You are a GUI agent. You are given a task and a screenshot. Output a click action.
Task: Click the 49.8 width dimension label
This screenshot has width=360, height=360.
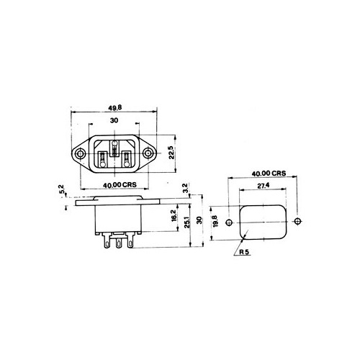(114, 108)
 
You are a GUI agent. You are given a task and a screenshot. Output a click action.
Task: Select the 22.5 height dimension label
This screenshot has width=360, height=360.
(171, 153)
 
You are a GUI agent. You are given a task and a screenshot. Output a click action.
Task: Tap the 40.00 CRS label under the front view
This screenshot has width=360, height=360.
(120, 185)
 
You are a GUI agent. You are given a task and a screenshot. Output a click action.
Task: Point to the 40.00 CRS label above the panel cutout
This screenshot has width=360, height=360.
(269, 174)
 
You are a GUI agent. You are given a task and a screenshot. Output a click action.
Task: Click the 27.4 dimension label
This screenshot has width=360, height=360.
(264, 186)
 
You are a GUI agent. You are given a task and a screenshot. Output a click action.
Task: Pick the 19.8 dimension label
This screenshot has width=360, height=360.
(215, 221)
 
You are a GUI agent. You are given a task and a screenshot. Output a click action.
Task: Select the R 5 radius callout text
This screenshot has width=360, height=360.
(244, 252)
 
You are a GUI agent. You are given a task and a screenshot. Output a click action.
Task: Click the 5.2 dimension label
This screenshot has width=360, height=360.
(62, 189)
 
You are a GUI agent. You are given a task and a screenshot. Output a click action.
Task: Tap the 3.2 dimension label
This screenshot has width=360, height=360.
(186, 188)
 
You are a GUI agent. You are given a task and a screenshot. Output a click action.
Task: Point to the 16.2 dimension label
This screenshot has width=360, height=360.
(174, 215)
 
